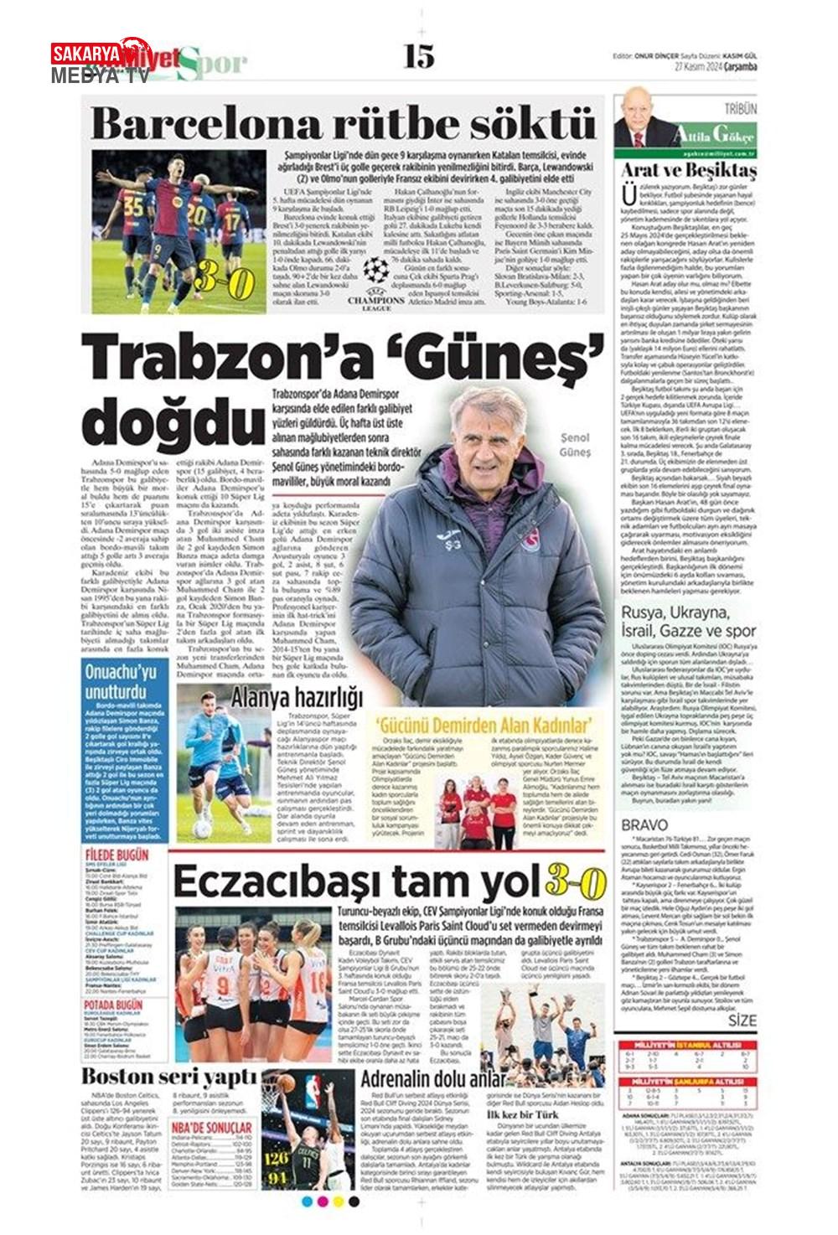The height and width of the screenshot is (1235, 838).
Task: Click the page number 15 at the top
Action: (x=418, y=56)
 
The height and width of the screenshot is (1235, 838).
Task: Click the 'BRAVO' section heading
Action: (x=644, y=825)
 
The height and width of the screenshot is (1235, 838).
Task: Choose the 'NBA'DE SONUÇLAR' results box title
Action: (x=212, y=1128)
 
